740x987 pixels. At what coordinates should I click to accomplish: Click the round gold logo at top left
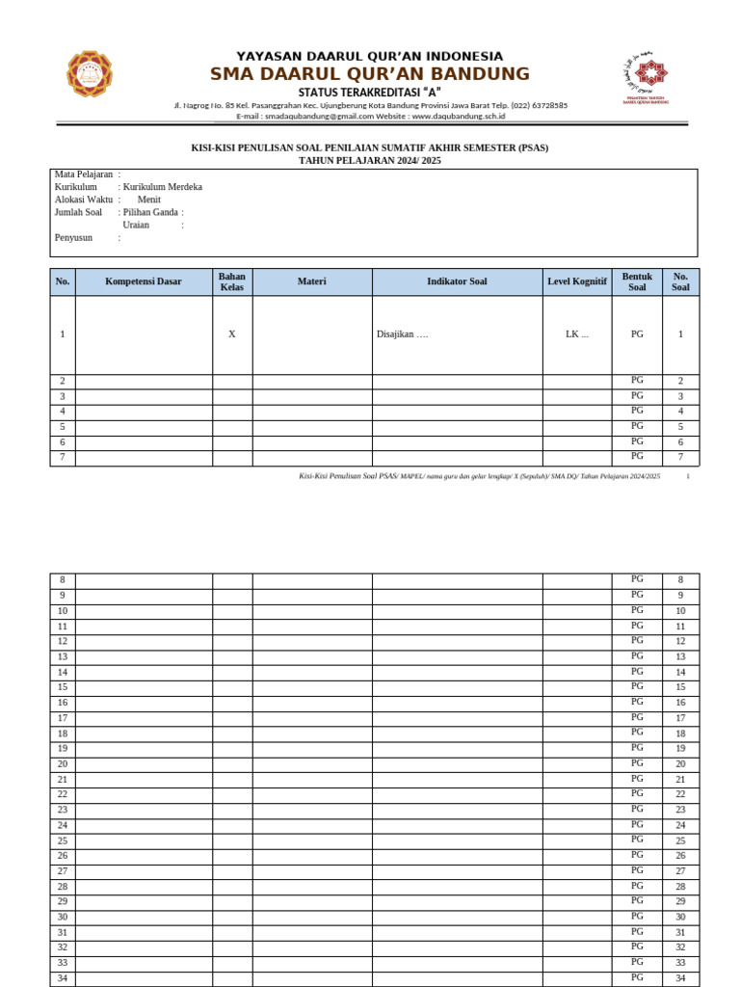[x=90, y=74]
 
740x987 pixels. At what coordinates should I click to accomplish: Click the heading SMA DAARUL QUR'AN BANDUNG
[x=370, y=74]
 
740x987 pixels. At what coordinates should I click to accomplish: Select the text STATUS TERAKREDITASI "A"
[x=370, y=92]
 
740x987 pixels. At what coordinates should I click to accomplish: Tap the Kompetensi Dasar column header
[x=143, y=281]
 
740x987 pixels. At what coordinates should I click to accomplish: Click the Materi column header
[x=311, y=281]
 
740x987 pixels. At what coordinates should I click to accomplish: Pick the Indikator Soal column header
[x=457, y=281]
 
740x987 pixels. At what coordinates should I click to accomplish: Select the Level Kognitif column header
[x=576, y=281]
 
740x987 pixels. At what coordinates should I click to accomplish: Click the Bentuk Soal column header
[x=637, y=281]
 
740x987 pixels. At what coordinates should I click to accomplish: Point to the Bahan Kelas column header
[x=232, y=281]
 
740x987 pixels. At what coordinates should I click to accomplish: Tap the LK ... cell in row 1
[x=576, y=334]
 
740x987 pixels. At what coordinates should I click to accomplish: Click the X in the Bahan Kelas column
[x=232, y=334]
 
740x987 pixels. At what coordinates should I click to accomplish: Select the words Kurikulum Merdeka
[x=162, y=187]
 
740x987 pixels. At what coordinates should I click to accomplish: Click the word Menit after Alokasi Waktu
[x=149, y=200]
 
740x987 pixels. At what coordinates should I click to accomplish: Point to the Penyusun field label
[x=74, y=237]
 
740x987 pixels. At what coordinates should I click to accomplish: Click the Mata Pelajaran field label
[x=84, y=174]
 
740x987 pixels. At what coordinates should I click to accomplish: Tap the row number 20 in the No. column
[x=63, y=763]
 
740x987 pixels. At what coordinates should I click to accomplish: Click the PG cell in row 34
[x=637, y=977]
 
